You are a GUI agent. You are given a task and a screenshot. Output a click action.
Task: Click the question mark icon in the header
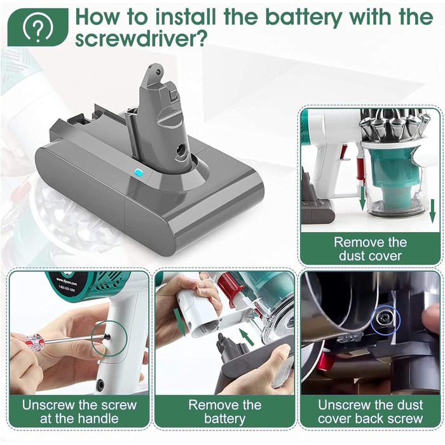tap(38, 27)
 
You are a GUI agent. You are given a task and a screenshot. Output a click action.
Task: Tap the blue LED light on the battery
tap(139, 172)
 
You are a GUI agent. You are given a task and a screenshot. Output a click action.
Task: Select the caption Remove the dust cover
tap(370, 249)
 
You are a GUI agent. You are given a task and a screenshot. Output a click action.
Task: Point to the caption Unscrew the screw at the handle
tap(79, 411)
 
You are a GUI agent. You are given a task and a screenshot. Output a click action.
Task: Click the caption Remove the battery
tap(225, 411)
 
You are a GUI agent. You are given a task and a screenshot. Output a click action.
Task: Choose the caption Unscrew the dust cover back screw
tap(371, 411)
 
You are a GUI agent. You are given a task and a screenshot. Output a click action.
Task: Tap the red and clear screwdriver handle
tap(35, 342)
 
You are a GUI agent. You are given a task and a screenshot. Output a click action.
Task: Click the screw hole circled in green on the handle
tap(107, 336)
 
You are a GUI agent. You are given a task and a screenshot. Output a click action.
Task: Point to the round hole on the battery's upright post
tap(181, 149)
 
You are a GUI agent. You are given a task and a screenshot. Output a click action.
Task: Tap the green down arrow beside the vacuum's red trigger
tap(362, 198)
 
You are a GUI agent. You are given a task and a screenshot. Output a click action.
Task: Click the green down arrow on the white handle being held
tap(179, 323)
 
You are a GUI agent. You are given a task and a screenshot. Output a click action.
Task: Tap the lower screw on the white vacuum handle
tap(100, 385)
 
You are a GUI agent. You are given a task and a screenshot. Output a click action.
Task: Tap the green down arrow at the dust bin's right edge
tap(432, 211)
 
